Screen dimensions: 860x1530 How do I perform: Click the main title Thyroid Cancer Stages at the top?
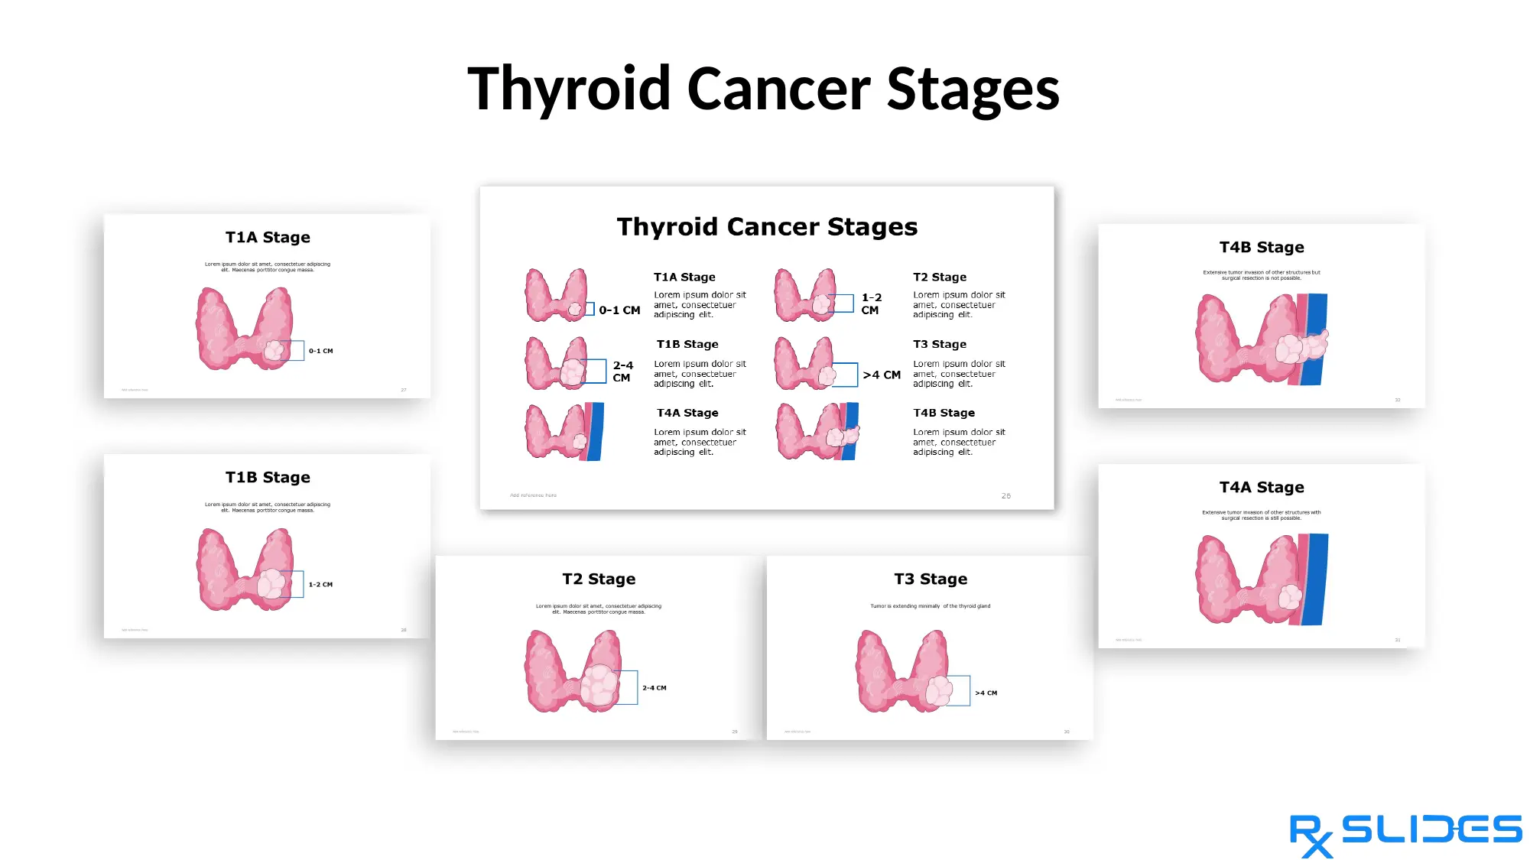(763, 89)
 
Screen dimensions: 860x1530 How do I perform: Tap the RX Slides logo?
(1405, 834)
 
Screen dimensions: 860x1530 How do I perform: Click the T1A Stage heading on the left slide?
(268, 238)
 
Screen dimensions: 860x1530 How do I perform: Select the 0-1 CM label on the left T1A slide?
(320, 351)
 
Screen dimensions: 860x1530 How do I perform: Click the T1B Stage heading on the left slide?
(268, 478)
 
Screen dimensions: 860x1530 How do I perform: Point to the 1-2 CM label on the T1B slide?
(320, 585)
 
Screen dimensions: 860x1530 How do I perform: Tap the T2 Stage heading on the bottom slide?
(599, 579)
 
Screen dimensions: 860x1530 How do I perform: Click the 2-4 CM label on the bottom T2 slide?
(654, 688)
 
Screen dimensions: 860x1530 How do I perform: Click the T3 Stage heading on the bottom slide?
(931, 579)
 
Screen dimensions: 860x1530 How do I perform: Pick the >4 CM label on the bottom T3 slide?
(986, 693)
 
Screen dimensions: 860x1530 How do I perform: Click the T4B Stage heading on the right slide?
(1262, 248)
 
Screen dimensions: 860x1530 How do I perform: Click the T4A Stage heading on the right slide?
(1262, 488)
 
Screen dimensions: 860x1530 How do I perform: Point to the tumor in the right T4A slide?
(1290, 596)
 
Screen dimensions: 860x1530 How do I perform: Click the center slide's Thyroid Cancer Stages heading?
(767, 227)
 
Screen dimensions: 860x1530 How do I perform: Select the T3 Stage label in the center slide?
(939, 345)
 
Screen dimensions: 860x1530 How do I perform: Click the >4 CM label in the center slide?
(882, 375)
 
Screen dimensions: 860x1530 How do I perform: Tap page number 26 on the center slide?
(1005, 496)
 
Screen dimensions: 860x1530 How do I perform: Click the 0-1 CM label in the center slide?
(619, 310)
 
